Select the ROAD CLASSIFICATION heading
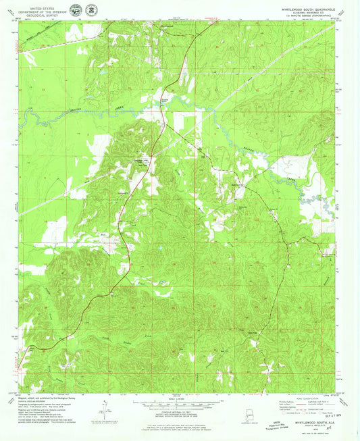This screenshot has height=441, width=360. pos(304,398)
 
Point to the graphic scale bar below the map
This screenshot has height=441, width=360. pos(179,403)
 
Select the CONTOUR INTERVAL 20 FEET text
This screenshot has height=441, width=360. pos(179,410)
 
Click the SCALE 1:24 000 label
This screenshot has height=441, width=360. pos(179,396)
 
